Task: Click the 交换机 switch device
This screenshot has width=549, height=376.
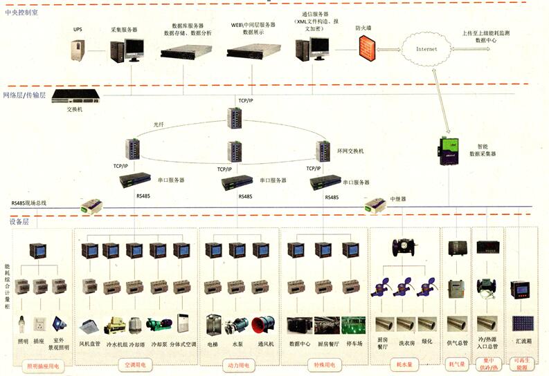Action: [x=73, y=97]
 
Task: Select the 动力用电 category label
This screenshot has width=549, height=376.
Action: [x=237, y=364]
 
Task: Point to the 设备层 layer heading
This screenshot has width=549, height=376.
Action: [x=18, y=221]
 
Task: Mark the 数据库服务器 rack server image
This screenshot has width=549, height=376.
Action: [x=186, y=50]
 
